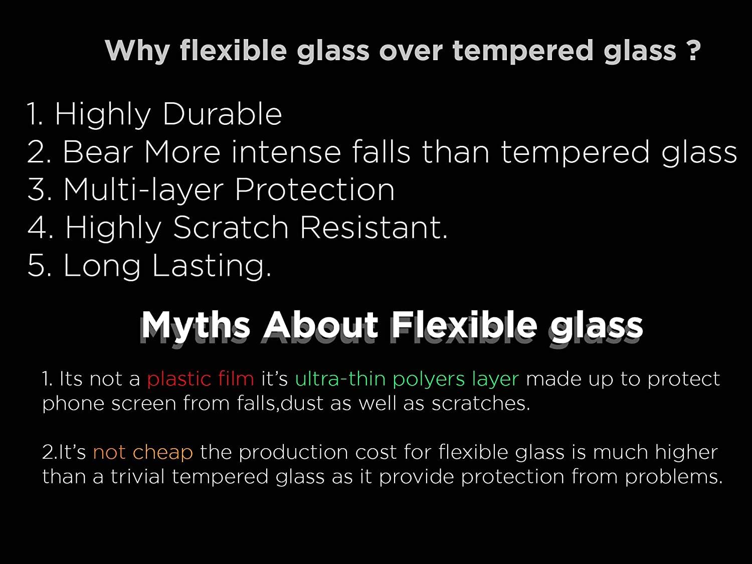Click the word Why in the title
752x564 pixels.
point(137,51)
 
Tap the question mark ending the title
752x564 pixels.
point(693,50)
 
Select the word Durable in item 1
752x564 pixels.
point(223,114)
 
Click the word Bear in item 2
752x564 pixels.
point(97,152)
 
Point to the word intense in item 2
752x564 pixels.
point(286,152)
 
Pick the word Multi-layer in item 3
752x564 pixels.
point(143,191)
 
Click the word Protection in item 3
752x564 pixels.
point(314,190)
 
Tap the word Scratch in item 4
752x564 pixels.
point(231,227)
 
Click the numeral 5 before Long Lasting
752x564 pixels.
point(36,265)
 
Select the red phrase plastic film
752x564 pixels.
point(201,379)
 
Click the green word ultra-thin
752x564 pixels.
point(340,379)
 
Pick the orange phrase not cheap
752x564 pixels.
point(143,452)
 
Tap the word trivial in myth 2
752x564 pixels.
point(137,477)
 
